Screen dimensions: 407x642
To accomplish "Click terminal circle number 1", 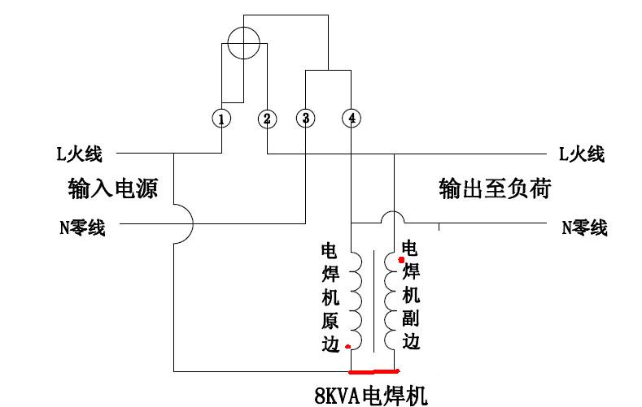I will pyautogui.click(x=221, y=119).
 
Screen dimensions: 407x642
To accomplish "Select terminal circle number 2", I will pyautogui.click(x=267, y=119).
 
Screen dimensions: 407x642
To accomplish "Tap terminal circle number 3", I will pyautogui.click(x=305, y=119).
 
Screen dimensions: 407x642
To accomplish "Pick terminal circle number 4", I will pyautogui.click(x=351, y=119).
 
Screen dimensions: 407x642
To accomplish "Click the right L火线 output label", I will pyautogui.click(x=582, y=153).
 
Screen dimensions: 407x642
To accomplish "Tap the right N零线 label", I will pyautogui.click(x=584, y=228).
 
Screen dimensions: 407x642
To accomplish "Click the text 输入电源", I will pyautogui.click(x=112, y=190).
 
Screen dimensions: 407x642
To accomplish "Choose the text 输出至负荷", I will pyautogui.click(x=495, y=190).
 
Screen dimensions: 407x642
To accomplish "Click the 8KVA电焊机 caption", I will pyautogui.click(x=370, y=396).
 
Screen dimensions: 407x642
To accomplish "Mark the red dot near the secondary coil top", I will pyautogui.click(x=401, y=259).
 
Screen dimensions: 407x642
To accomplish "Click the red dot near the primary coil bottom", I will pyautogui.click(x=348, y=347).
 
